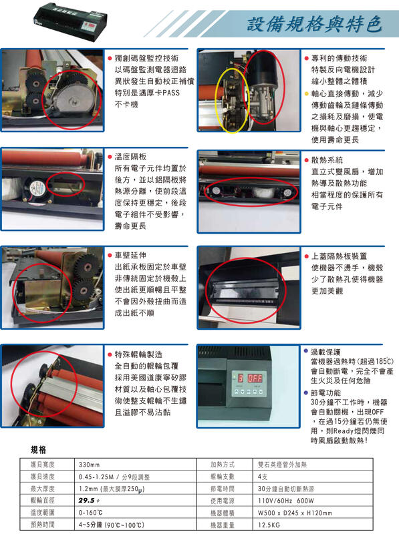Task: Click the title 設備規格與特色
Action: click(x=314, y=24)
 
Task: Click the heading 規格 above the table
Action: click(x=39, y=450)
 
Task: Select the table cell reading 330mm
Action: click(x=90, y=463)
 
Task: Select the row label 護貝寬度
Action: click(x=41, y=463)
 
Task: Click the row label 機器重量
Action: click(x=221, y=525)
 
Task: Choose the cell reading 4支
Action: click(x=263, y=476)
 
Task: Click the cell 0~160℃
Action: click(x=90, y=513)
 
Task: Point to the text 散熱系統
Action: click(x=325, y=160)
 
